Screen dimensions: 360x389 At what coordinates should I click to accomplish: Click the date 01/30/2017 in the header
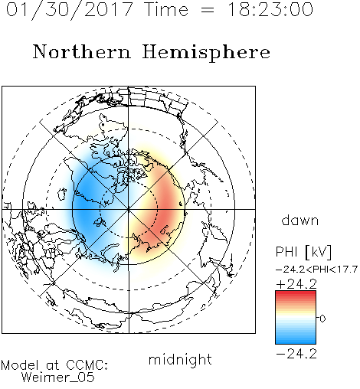click(x=70, y=10)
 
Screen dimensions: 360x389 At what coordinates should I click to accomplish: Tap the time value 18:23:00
click(x=270, y=9)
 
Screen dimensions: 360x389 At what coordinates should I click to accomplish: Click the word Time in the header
click(x=166, y=9)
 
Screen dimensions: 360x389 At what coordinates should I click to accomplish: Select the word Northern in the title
click(x=82, y=51)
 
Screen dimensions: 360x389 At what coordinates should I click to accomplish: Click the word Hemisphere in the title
click(x=206, y=53)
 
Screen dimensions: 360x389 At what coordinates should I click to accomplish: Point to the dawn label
click(x=300, y=220)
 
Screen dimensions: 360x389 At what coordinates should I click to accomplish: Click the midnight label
click(x=180, y=359)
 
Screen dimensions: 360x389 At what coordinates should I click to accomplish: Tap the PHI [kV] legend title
click(x=303, y=252)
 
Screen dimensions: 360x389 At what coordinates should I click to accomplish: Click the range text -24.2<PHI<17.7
click(x=316, y=270)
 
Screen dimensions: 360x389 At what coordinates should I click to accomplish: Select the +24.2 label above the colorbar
click(x=296, y=284)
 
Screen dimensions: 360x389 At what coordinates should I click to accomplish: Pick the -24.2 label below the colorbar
click(x=296, y=354)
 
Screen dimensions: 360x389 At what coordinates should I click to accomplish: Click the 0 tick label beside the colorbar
click(x=322, y=319)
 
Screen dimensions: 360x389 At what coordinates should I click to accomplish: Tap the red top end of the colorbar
click(x=296, y=293)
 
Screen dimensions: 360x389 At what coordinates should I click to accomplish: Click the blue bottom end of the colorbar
click(x=296, y=341)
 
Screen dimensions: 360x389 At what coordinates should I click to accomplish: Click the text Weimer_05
click(x=57, y=378)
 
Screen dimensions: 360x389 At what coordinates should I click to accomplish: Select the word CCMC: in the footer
click(x=87, y=365)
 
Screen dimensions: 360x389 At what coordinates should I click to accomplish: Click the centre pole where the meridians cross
click(x=129, y=209)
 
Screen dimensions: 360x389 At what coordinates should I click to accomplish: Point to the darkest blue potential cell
click(x=84, y=201)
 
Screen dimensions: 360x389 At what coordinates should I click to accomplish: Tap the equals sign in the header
click(x=208, y=11)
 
